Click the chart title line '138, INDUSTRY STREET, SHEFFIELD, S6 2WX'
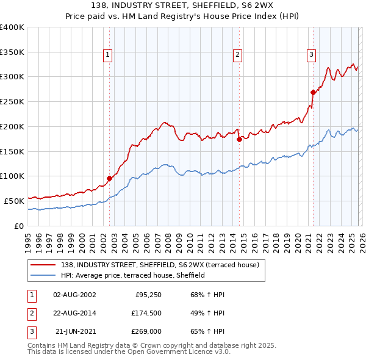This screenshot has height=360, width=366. [x=183, y=5]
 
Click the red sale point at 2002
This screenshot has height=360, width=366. [x=109, y=178]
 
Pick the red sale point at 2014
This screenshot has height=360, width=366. [x=239, y=139]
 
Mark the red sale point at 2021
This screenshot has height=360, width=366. [x=313, y=92]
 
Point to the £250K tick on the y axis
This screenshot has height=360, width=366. [x=12, y=101]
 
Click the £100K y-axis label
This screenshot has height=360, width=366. [x=12, y=176]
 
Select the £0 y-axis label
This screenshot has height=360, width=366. [x=18, y=226]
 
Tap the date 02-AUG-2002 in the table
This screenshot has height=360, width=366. [x=74, y=295]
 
